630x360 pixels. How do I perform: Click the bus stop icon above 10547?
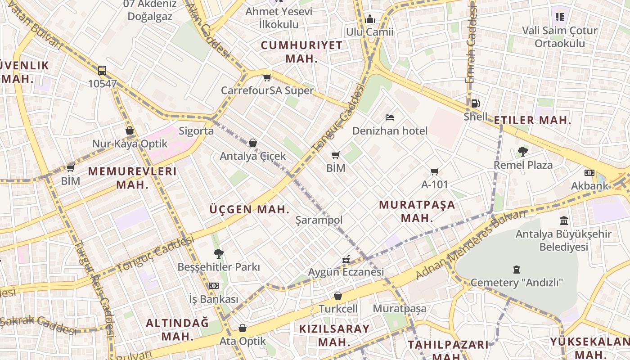click(102, 71)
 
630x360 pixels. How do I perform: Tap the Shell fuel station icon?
click(475, 103)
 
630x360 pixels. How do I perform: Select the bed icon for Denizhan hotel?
click(390, 118)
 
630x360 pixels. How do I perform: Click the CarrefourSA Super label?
click(267, 90)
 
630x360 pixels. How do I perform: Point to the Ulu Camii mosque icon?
click(370, 19)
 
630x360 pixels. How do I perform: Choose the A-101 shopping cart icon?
click(434, 171)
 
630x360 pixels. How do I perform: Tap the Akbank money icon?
click(589, 173)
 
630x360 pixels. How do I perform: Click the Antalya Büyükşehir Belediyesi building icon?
click(563, 221)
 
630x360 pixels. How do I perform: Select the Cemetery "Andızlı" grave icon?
click(516, 270)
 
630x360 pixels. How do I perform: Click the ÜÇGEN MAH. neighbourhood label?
click(249, 209)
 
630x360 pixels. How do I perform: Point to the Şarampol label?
click(319, 220)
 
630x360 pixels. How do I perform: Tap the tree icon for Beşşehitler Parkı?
click(219, 254)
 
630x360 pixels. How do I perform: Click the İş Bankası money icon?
click(213, 286)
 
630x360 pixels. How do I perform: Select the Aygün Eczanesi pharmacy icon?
click(346, 259)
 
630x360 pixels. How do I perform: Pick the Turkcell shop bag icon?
click(337, 296)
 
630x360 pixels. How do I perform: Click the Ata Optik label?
click(243, 341)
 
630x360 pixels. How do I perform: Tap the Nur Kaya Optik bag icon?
click(130, 131)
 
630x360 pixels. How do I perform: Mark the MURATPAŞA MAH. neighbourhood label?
click(417, 211)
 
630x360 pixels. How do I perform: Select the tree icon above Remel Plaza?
click(522, 152)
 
